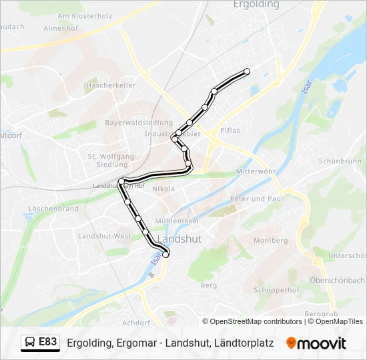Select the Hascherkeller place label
pyautogui.click(x=111, y=86)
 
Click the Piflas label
pyautogui.click(x=230, y=131)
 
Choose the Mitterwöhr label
pyautogui.click(x=256, y=171)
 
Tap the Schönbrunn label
pyautogui.click(x=339, y=161)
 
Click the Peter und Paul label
pyautogui.click(x=257, y=199)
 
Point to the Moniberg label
pyautogui.click(x=271, y=240)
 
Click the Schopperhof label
pyautogui.click(x=276, y=291)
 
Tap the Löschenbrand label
pyautogui.click(x=53, y=209)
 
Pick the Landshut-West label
pyautogui.click(x=105, y=236)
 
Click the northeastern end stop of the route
pyautogui.click(x=247, y=71)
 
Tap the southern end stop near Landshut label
pyautogui.click(x=166, y=253)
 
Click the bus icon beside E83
pyautogui.click(x=31, y=343)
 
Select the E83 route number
pyautogui.click(x=48, y=342)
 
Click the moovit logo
pyautogui.click(x=316, y=343)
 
